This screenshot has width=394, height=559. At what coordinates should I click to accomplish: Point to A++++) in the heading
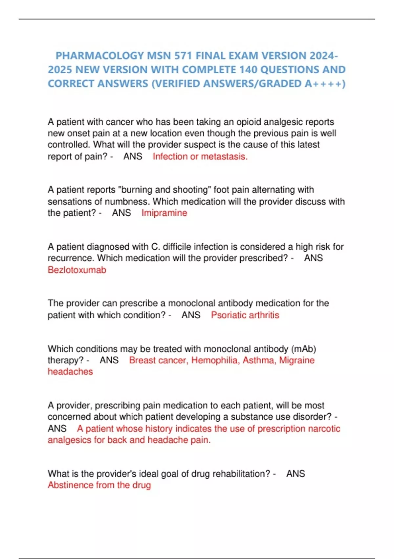coord(325,84)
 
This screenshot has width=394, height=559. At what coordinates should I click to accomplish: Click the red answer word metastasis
coord(224,157)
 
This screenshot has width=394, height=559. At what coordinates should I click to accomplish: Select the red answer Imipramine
coord(164,213)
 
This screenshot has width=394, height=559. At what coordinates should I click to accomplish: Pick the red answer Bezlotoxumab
coord(77,270)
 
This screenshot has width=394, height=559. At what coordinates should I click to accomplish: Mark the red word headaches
coord(70,372)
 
